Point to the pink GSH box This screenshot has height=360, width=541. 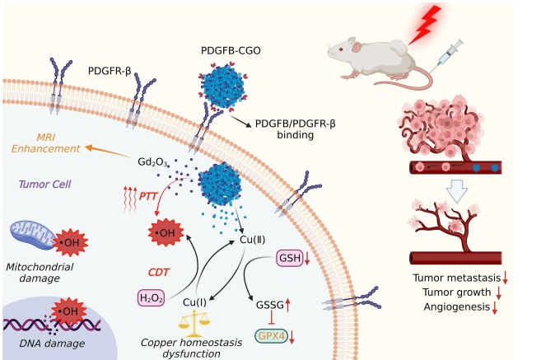click(x=288, y=259)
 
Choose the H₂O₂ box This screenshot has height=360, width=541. click(x=153, y=297)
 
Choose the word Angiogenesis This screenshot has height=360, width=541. click(x=451, y=308)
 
